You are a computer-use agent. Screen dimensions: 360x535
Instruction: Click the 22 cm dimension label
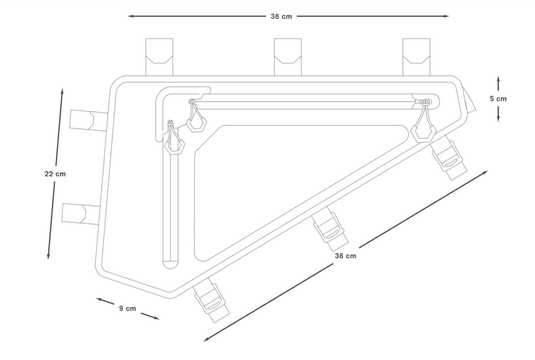pos(55,174)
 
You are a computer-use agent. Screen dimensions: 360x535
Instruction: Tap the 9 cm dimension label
pos(127,309)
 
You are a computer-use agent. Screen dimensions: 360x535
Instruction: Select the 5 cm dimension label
pos(498,99)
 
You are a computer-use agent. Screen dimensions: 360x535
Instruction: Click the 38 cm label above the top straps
pos(281,16)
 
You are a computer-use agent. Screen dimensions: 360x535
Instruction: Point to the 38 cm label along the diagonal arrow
pos(345,256)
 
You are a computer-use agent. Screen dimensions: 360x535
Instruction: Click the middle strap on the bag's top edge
pos(287,57)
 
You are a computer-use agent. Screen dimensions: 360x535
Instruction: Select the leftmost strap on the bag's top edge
pos(159,57)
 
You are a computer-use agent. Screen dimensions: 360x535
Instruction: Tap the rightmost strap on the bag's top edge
pos(416,57)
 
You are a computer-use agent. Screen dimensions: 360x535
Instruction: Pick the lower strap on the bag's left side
pos(80,214)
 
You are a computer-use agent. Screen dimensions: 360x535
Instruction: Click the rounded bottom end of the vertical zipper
pos(170,264)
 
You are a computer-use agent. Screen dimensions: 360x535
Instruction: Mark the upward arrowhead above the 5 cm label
pos(498,78)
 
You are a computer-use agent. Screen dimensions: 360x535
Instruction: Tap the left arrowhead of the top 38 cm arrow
pos(131,16)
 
